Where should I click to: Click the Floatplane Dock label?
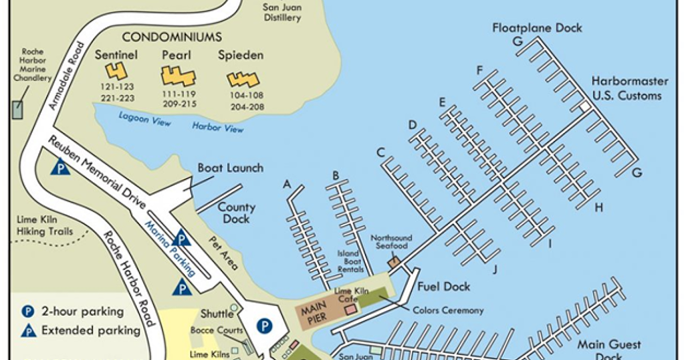click(537, 27)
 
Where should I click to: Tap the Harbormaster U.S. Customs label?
click(626, 89)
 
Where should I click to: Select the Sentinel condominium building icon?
click(116, 71)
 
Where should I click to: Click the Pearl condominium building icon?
click(178, 75)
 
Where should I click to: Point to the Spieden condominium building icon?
click(243, 79)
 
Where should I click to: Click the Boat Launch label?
click(230, 168)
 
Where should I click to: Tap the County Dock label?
click(236, 213)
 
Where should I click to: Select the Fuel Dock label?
click(444, 286)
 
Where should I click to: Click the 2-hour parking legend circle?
click(27, 311)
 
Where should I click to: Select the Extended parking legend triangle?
click(27, 330)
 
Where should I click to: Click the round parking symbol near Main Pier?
click(264, 326)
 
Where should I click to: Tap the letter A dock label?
click(287, 184)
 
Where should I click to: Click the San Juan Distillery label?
click(281, 13)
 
